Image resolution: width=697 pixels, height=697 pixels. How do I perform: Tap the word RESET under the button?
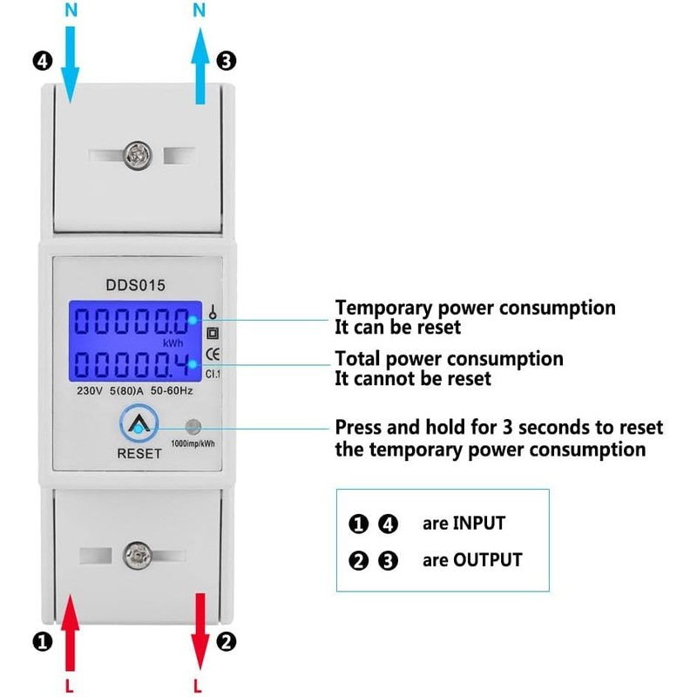139,454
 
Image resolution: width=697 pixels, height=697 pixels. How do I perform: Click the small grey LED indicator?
193,427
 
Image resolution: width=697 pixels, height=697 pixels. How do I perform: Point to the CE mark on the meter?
212,353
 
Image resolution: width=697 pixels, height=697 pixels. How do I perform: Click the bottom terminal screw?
136,554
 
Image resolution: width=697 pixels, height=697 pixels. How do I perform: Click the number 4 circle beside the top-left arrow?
43,62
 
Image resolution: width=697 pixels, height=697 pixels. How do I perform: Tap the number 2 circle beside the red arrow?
227,642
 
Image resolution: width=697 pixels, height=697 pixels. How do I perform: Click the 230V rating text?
88,392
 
